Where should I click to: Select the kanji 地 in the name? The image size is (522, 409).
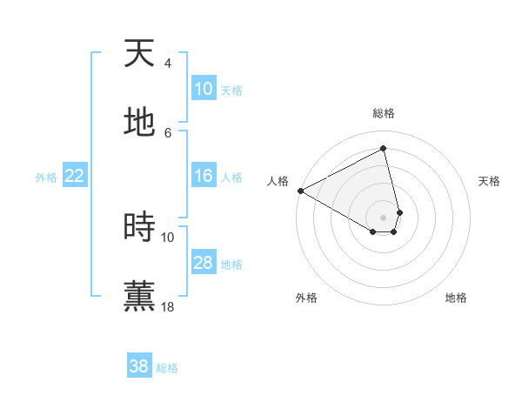pos(139,123)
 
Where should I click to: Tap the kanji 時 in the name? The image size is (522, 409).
pos(139,227)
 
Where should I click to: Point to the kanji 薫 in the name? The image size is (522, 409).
pos(139,296)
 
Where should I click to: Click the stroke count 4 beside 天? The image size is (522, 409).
pos(168,63)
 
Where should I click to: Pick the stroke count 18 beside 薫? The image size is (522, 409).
pos(168,306)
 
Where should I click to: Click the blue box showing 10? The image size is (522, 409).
pos(204,89)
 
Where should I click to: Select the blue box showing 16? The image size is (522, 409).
pos(204,176)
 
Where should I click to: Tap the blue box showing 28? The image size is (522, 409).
pos(204,263)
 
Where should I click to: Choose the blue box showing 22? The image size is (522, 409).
pos(75,176)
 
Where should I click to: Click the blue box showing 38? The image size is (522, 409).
pos(139,366)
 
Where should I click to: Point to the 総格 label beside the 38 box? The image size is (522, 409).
pos(167,368)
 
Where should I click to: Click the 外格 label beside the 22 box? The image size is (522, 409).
pos(46,178)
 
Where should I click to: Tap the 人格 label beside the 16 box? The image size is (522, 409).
pos(231,178)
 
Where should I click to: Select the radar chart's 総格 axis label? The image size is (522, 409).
pos(384,113)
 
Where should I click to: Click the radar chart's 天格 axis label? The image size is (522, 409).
pos(489,181)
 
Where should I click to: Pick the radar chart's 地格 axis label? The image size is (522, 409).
pos(456,298)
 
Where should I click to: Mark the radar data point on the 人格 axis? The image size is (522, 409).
pos(300,191)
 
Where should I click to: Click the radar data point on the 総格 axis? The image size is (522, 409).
pos(384,148)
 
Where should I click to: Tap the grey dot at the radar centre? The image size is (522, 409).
pos(384,218)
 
